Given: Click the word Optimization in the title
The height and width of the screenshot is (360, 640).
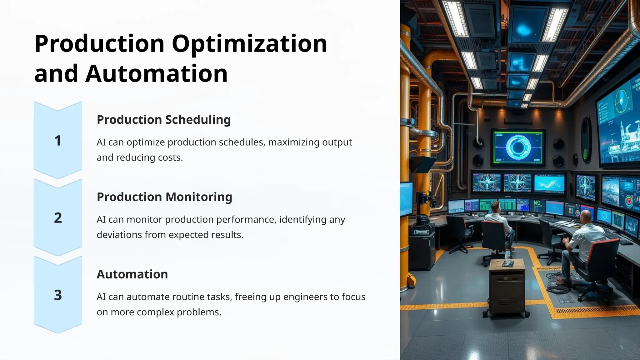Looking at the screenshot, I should (249, 44).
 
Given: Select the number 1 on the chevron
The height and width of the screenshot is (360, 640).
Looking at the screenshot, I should (58, 141).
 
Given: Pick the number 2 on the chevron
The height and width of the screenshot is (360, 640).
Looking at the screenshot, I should (58, 218).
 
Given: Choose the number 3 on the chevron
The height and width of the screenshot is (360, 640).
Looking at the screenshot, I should (58, 295).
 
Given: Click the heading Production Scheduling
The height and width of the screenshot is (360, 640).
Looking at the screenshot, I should (163, 120).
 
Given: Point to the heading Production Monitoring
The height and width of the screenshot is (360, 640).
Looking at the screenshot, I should (164, 197).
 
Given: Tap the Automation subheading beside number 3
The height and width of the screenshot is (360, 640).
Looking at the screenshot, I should (132, 274).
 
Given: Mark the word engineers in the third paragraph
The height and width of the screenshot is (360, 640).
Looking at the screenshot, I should (302, 297).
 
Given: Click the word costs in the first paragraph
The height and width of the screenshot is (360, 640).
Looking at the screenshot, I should (170, 157).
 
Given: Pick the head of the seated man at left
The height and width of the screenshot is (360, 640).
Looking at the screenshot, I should (495, 206).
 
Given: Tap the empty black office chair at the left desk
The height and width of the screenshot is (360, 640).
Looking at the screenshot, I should (461, 231).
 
